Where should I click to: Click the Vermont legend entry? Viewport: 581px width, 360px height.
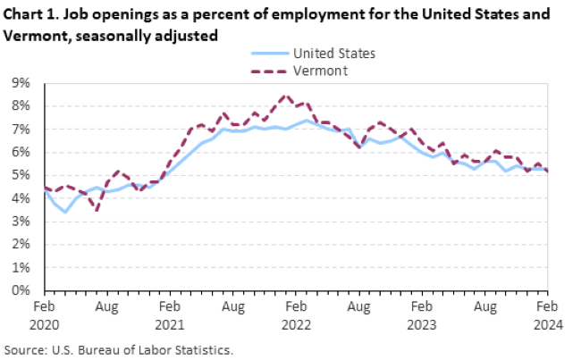(x=320, y=70)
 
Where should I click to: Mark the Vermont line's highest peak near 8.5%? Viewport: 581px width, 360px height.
(x=285, y=96)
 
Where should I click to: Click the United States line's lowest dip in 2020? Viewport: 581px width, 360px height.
(x=65, y=212)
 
